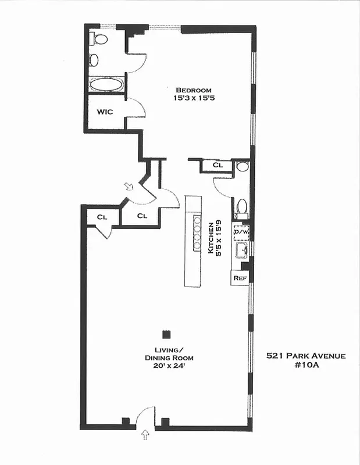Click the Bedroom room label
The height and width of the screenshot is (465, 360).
(194, 90)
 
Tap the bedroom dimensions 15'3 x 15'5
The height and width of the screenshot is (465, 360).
(194, 98)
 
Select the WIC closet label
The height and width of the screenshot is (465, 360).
(105, 112)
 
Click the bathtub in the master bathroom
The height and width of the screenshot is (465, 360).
(106, 84)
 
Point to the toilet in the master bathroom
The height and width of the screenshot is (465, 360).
(100, 40)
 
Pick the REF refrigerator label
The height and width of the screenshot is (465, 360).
(240, 278)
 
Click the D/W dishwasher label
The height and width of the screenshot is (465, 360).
(241, 232)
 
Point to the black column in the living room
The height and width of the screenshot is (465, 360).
(166, 334)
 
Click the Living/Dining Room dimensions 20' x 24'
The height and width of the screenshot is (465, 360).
(169, 366)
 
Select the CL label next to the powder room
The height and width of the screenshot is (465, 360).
(218, 166)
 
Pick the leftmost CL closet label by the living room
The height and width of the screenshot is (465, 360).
(102, 217)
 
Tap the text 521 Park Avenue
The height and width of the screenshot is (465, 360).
(306, 356)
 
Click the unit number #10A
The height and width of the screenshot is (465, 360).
(306, 366)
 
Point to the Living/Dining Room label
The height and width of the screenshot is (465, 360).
(169, 353)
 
